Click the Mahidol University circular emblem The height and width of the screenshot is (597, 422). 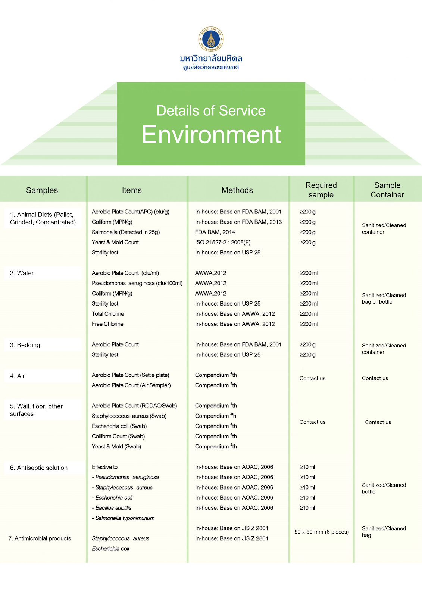211,39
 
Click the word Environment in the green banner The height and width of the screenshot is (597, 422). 211,135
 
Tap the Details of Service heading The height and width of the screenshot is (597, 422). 211,111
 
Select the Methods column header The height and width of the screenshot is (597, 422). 237,190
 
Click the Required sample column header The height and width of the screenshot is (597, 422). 321,190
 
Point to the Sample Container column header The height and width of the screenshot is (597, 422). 387,190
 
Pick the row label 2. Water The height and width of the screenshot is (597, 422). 22,273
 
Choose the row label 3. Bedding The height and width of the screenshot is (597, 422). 25,345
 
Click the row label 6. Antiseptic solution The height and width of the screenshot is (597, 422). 39,468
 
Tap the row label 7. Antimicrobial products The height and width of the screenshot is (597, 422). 40,538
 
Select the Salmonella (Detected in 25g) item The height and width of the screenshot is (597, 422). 126,232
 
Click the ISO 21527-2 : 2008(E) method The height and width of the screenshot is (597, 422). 223,242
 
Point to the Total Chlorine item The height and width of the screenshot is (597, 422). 108,314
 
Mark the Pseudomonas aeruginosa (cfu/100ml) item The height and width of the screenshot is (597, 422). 137,283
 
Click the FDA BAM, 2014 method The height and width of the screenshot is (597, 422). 215,232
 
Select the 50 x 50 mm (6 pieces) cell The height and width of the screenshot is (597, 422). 322,532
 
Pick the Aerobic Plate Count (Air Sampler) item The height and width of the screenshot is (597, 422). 131,385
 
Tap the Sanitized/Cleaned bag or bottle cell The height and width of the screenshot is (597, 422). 384,298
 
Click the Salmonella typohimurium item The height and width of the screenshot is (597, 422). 125,518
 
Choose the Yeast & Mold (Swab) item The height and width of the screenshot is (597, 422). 116,447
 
